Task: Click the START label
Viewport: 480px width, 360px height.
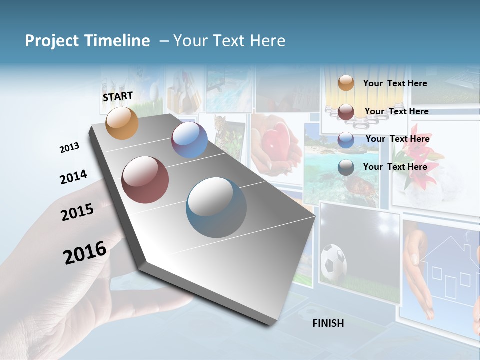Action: (x=118, y=96)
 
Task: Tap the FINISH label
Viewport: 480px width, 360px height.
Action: (x=328, y=323)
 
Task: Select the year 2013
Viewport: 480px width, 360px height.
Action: (x=69, y=148)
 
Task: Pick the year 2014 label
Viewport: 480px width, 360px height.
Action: (x=73, y=177)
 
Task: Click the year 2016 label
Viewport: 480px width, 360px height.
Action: (x=85, y=252)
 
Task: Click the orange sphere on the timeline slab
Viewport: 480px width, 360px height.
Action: (x=122, y=123)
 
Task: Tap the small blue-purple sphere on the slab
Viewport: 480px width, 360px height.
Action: (x=189, y=140)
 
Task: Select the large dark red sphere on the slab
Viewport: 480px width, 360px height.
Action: (x=145, y=180)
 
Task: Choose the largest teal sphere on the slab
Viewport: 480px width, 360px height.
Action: (x=216, y=207)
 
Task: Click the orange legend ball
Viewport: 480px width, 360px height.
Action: (x=346, y=83)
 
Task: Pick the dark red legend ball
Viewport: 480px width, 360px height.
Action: (x=346, y=112)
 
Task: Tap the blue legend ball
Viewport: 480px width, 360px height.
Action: (x=346, y=140)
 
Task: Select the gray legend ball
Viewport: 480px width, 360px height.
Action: (x=346, y=167)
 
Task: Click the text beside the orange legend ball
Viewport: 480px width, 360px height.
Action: (x=395, y=83)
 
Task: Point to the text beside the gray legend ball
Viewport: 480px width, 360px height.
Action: (x=395, y=167)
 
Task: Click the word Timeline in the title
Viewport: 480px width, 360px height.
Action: (x=119, y=41)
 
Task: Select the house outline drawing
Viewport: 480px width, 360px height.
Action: (x=448, y=270)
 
